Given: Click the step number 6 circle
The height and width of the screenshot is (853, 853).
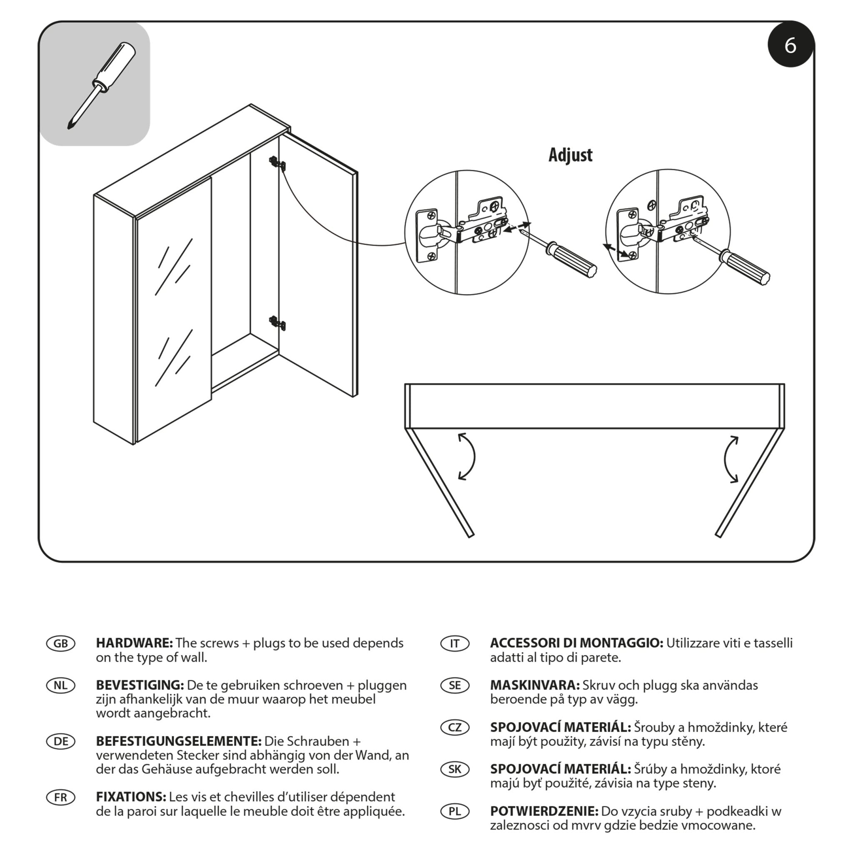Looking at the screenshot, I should (x=790, y=45).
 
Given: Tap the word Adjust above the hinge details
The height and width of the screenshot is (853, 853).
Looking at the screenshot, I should (x=570, y=155).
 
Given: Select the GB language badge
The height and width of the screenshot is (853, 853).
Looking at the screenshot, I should (x=60, y=643).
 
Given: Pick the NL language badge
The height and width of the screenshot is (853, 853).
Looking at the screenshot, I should (x=60, y=685).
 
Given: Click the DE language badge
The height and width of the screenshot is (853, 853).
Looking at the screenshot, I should (x=60, y=741).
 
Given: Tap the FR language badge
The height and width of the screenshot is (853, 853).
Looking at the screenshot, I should (x=60, y=797).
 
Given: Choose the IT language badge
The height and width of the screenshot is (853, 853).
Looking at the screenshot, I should (x=455, y=643).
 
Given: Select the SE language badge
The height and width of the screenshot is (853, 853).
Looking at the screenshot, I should (x=455, y=685).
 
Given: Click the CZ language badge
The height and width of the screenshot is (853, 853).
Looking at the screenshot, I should (x=455, y=727).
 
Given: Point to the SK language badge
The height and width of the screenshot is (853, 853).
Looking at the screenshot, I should (x=455, y=769).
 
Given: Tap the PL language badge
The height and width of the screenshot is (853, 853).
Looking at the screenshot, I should (x=455, y=811).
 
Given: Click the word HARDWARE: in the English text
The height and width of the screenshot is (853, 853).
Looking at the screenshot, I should (x=134, y=643).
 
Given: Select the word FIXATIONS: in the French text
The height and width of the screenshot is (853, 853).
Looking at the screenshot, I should (x=131, y=797).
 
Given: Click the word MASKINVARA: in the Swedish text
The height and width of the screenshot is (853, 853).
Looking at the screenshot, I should (x=535, y=685).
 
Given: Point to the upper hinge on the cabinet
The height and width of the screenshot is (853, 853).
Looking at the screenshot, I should (x=277, y=163).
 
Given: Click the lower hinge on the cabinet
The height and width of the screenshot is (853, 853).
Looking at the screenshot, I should (x=277, y=323).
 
